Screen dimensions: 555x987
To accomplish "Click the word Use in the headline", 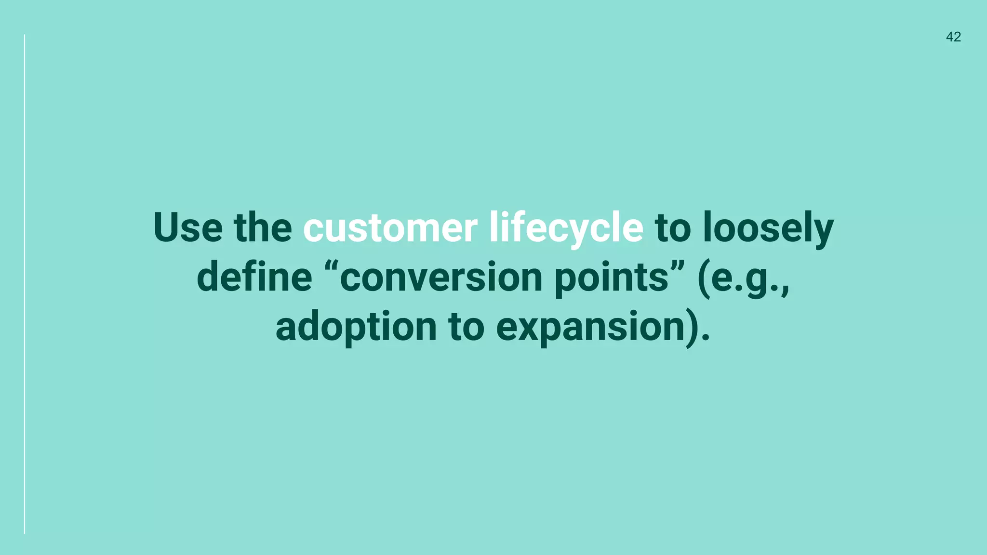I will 188,227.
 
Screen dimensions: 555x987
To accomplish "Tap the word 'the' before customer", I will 263,227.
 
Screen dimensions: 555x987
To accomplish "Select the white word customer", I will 390,227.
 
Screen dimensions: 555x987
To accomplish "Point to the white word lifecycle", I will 566,227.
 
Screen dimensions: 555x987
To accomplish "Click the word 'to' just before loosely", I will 673,227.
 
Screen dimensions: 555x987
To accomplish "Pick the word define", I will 254,277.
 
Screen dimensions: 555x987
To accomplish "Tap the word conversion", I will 441,278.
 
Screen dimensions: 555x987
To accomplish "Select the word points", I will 611,278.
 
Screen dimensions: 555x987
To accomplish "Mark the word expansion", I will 590,327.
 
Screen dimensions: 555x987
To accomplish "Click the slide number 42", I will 953,37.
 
